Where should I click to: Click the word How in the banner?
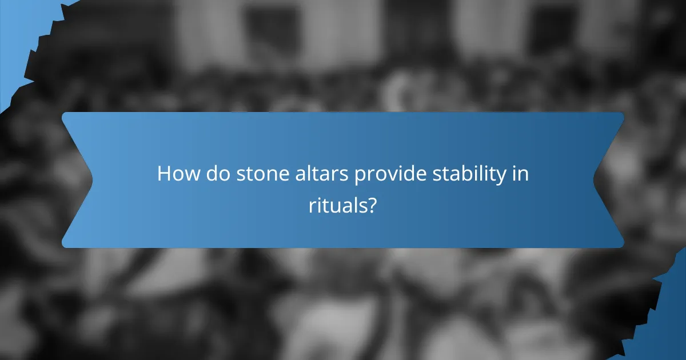(x=176, y=174)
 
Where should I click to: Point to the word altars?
(x=317, y=174)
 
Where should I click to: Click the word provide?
(x=387, y=174)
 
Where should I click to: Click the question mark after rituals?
(x=372, y=205)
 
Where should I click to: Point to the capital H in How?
(x=163, y=174)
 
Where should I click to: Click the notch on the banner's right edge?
(x=595, y=179)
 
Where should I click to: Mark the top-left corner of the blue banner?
(x=64, y=114)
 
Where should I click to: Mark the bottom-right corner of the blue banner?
(x=621, y=246)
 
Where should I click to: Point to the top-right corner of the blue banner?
(x=621, y=114)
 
